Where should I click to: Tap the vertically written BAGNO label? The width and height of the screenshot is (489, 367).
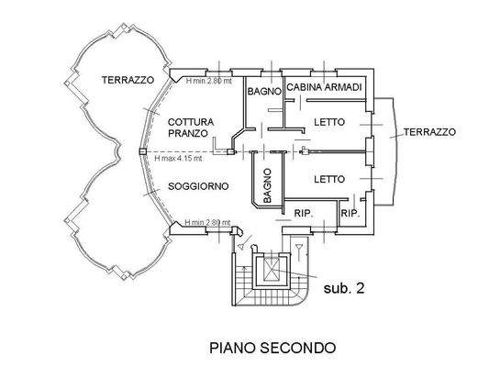click(267, 185)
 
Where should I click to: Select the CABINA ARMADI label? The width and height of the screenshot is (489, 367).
click(327, 86)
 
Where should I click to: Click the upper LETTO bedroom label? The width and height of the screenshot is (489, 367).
click(328, 122)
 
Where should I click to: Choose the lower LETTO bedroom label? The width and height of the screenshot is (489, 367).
click(328, 178)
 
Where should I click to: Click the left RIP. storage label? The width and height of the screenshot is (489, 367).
click(304, 213)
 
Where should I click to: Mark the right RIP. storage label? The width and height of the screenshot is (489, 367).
click(350, 213)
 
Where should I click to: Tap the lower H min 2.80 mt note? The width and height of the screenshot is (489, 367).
click(207, 223)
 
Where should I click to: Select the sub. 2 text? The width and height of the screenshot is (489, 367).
click(344, 288)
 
